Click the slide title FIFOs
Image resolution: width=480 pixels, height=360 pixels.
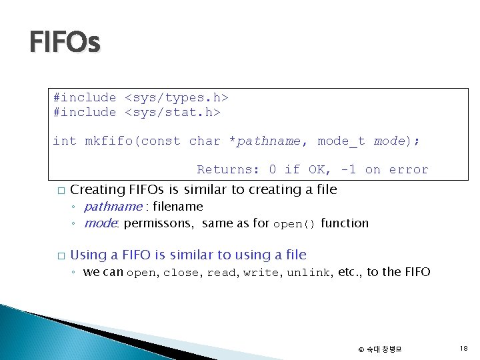point(65,43)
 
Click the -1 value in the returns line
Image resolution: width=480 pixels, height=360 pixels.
point(348,169)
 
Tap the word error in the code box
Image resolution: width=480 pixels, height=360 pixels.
point(409,169)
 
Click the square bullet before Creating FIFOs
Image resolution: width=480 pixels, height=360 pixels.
point(61,191)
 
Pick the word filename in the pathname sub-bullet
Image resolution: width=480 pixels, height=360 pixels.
point(178,207)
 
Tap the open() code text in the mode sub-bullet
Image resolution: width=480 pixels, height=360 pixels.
point(294,224)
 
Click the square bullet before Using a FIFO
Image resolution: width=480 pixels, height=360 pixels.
point(61,256)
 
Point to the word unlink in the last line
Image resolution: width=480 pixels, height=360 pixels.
point(309,273)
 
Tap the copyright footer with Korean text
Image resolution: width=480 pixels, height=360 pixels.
point(380,349)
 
